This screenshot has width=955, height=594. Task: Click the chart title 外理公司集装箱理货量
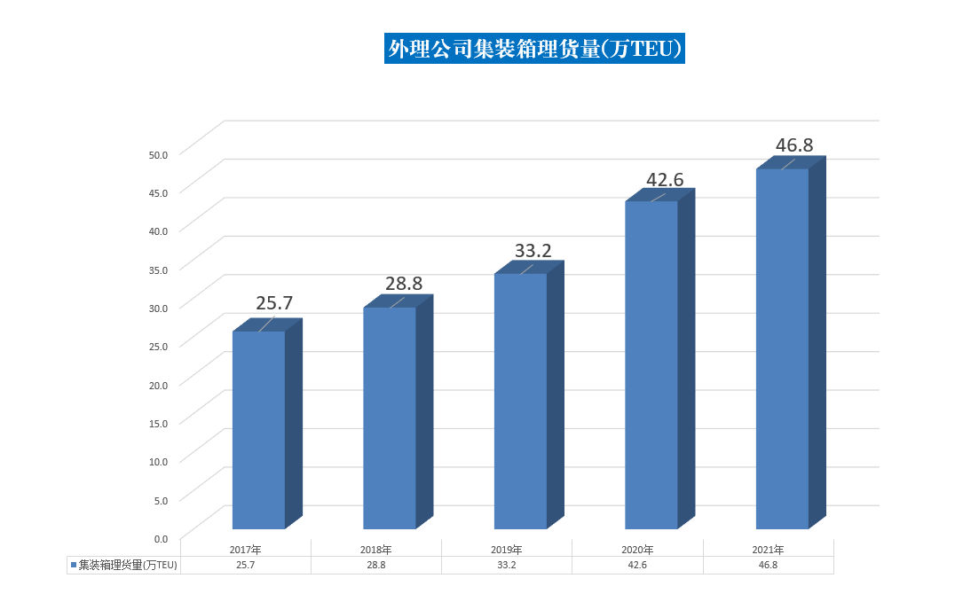pyautogui.click(x=535, y=49)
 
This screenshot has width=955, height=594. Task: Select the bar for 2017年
pyautogui.click(x=259, y=430)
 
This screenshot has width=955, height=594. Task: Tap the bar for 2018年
pyautogui.click(x=390, y=418)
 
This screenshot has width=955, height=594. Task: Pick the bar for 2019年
pyautogui.click(x=520, y=402)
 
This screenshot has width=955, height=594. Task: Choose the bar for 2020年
pyautogui.click(x=651, y=365)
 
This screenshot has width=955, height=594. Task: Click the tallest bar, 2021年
pyautogui.click(x=782, y=348)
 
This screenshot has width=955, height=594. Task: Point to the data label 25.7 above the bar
pyautogui.click(x=274, y=303)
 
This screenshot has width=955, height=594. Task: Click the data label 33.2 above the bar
pyautogui.click(x=533, y=250)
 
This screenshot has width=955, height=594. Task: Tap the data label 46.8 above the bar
pyautogui.click(x=794, y=145)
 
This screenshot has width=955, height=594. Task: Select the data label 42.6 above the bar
pyautogui.click(x=665, y=180)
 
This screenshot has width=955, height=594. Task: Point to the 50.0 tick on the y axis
pyautogui.click(x=158, y=154)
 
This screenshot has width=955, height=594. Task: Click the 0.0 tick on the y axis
pyautogui.click(x=161, y=538)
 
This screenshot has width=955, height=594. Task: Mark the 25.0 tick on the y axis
pyautogui.click(x=158, y=346)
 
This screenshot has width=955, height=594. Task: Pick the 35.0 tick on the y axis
pyautogui.click(x=158, y=270)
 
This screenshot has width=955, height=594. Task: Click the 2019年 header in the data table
pyautogui.click(x=507, y=550)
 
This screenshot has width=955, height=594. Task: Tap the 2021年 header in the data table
pyautogui.click(x=769, y=550)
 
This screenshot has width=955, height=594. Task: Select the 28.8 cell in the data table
pyautogui.click(x=376, y=565)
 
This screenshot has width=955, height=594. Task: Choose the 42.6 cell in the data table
pyautogui.click(x=637, y=565)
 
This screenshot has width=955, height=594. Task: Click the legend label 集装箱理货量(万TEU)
pyautogui.click(x=128, y=565)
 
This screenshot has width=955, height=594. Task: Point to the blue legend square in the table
pyautogui.click(x=74, y=565)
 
